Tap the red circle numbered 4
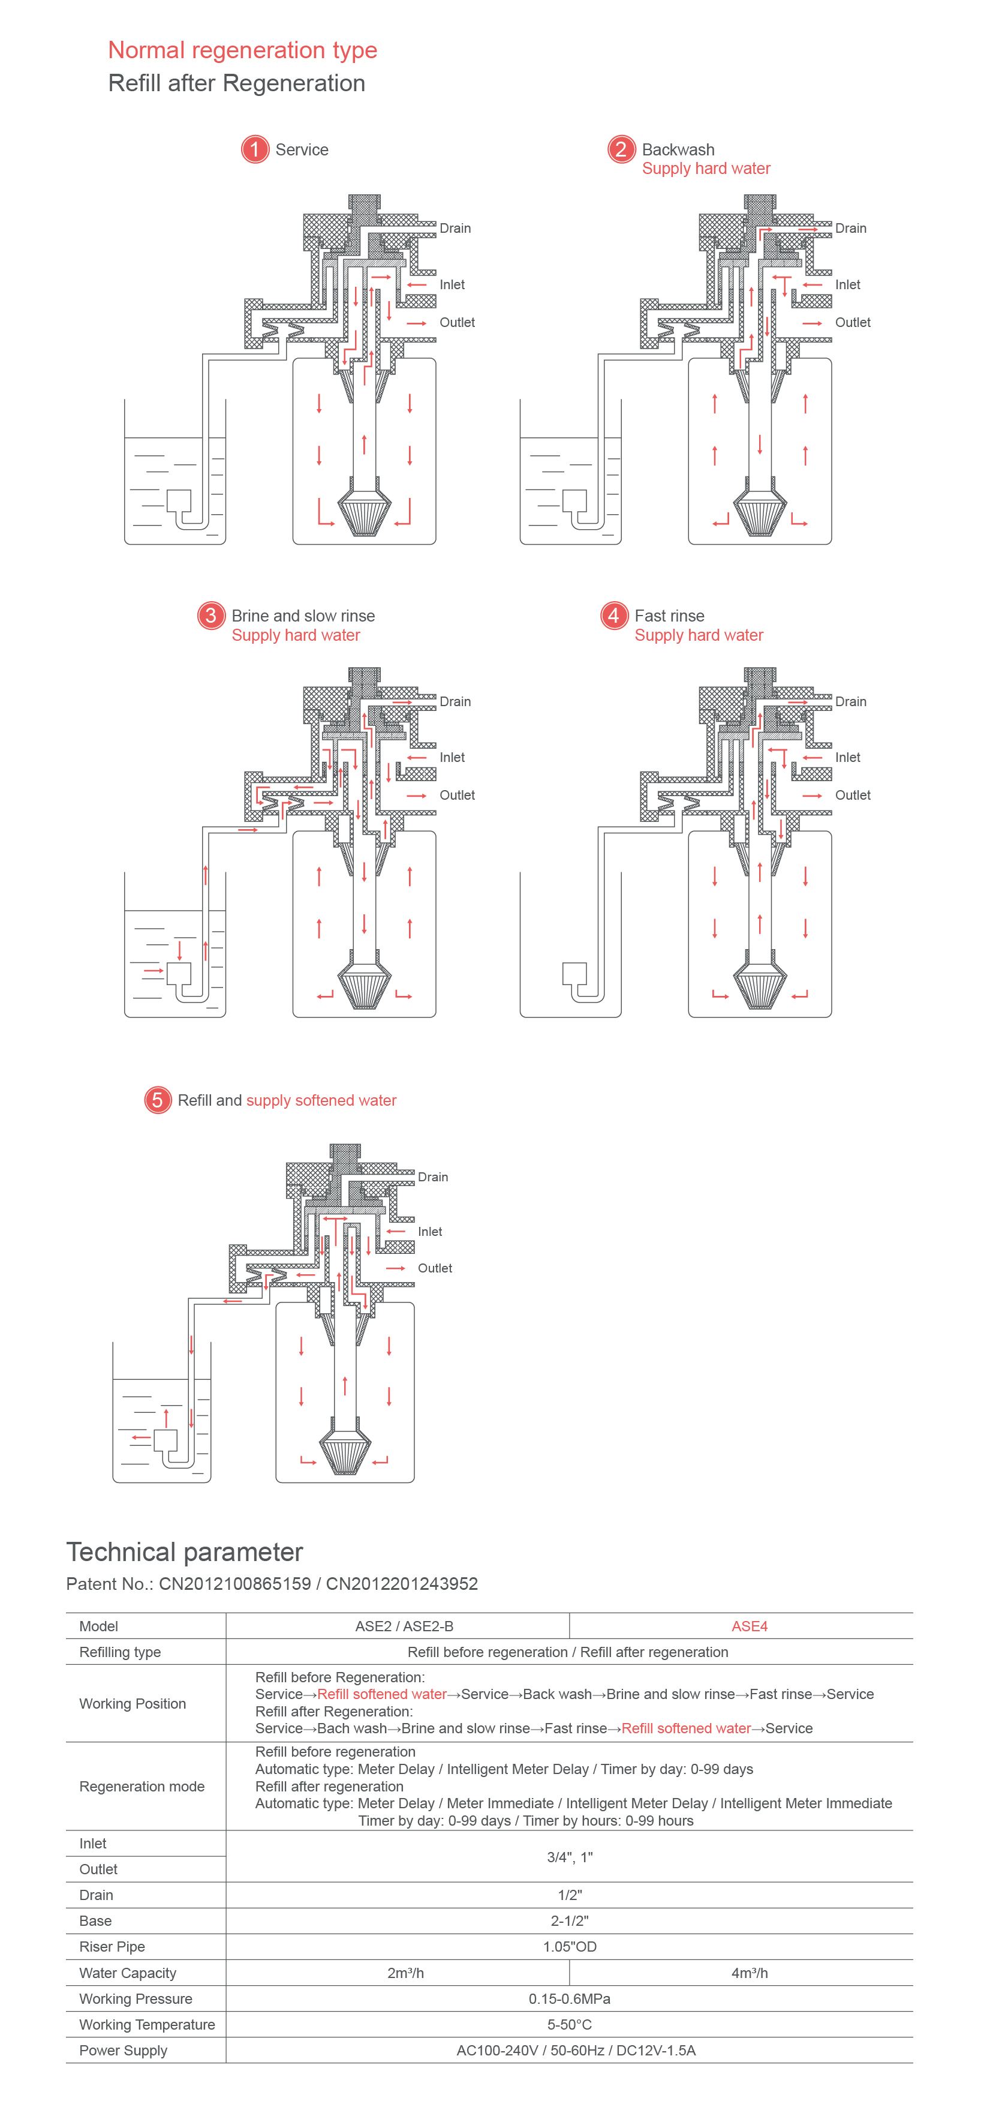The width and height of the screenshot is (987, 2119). (613, 616)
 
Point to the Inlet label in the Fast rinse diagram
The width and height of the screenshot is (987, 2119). (847, 757)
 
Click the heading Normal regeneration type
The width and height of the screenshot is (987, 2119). (243, 50)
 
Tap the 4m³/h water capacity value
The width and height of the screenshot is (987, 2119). (750, 1973)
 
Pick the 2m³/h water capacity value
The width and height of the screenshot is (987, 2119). (405, 1973)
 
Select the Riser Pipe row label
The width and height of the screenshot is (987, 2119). (112, 1947)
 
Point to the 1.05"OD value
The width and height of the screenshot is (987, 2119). (569, 1947)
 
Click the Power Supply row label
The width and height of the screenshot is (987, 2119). (124, 2051)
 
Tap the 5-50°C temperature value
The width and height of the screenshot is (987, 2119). (569, 2024)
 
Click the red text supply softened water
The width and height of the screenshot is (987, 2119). (321, 1101)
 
